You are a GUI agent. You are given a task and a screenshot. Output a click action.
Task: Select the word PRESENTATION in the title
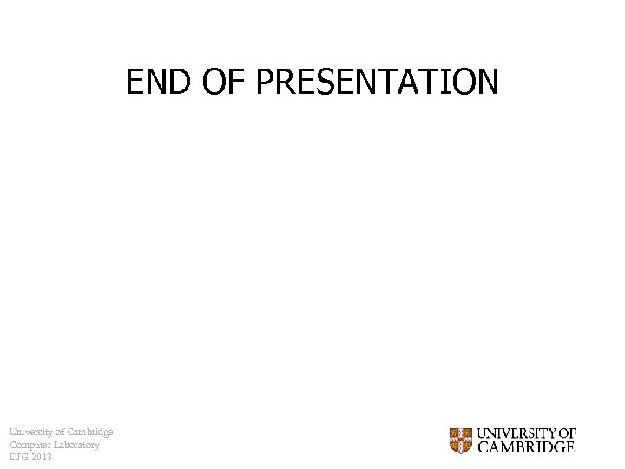click(x=378, y=82)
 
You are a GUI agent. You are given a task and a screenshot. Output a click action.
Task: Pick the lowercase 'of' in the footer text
click(x=59, y=433)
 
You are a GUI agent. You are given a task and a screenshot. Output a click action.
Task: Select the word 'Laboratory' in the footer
click(x=77, y=445)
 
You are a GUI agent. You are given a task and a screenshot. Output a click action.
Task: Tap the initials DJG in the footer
click(x=19, y=457)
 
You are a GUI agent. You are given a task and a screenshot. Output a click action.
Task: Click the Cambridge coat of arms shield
click(x=460, y=440)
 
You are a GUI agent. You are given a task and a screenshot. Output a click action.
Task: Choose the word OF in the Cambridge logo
click(x=566, y=433)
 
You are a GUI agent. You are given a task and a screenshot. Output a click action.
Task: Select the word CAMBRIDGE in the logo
click(x=526, y=447)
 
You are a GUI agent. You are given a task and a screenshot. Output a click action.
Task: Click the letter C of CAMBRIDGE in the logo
click(x=483, y=447)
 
